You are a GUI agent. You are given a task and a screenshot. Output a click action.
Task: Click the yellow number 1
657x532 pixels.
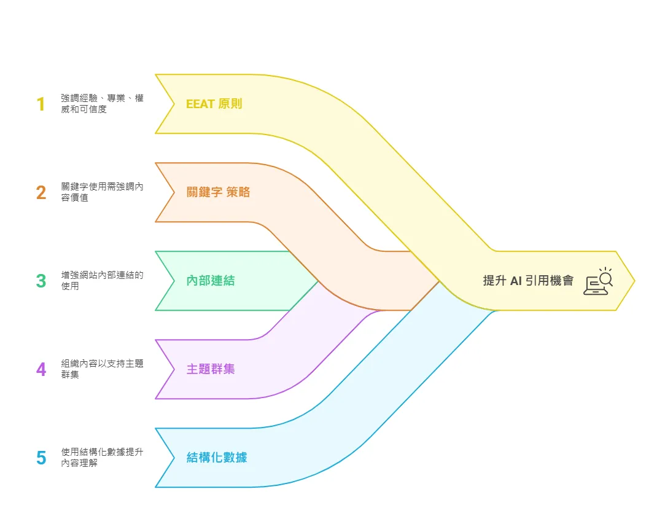pyautogui.click(x=41, y=104)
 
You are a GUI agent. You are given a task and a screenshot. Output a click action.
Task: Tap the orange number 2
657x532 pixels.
pyautogui.click(x=41, y=193)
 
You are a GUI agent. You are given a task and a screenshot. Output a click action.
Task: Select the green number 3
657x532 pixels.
pyautogui.click(x=41, y=281)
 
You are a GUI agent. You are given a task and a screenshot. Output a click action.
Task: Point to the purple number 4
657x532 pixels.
pyautogui.click(x=41, y=370)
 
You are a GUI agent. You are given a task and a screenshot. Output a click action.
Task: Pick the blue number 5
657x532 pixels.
pyautogui.click(x=41, y=458)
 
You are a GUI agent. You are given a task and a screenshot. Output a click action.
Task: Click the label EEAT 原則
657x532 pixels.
pyautogui.click(x=214, y=104)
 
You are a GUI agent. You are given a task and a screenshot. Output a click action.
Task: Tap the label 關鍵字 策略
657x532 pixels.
pyautogui.click(x=219, y=192)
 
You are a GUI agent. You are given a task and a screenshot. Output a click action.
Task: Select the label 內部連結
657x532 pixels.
pyautogui.click(x=211, y=281)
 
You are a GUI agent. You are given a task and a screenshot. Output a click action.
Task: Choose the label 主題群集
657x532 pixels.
pyautogui.click(x=211, y=370)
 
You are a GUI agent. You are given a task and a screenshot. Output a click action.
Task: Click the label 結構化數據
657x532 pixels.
pyautogui.click(x=217, y=458)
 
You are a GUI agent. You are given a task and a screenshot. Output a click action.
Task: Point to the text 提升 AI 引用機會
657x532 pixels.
pyautogui.click(x=528, y=281)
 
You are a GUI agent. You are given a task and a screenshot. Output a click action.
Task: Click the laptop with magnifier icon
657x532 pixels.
pyautogui.click(x=598, y=281)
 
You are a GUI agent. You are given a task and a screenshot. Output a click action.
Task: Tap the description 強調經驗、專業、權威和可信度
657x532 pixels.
pyautogui.click(x=102, y=104)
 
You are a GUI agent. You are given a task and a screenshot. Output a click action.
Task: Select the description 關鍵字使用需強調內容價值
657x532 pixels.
pyautogui.click(x=102, y=192)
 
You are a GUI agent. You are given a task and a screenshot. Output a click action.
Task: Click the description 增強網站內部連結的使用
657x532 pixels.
pyautogui.click(x=102, y=281)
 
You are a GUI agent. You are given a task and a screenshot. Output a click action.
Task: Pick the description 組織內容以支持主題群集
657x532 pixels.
pyautogui.click(x=102, y=369)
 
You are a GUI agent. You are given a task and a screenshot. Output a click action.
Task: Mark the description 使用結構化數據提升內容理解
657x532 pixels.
pyautogui.click(x=102, y=458)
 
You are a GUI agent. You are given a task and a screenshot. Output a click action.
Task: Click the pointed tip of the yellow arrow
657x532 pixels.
pyautogui.click(x=633, y=281)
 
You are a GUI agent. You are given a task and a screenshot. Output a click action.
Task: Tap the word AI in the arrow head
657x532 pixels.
pyautogui.click(x=516, y=281)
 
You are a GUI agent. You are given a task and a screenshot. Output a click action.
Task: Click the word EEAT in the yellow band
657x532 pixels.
pyautogui.click(x=200, y=104)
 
